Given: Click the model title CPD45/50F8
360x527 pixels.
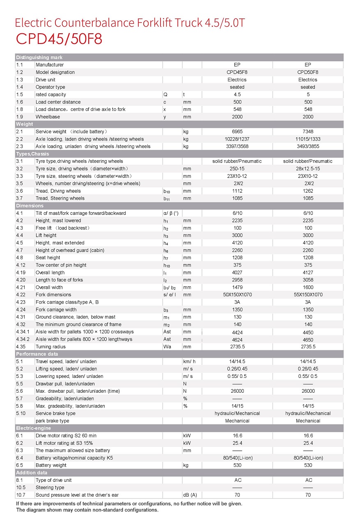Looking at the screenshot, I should click(x=59, y=39).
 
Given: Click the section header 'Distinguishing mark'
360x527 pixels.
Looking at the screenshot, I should click(x=39, y=58).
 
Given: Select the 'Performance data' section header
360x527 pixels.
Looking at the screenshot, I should click(x=37, y=354).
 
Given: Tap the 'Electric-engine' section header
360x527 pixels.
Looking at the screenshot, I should click(x=34, y=428).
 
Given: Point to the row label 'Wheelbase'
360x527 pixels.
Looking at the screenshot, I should click(x=48, y=117).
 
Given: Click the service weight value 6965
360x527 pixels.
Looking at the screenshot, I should click(x=237, y=131).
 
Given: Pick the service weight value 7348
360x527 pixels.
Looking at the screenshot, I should click(x=308, y=131).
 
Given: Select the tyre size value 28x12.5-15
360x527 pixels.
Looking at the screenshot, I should click(x=308, y=169).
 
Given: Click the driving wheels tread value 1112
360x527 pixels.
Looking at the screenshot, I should click(x=237, y=191).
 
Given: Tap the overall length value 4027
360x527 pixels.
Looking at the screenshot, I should click(x=237, y=273).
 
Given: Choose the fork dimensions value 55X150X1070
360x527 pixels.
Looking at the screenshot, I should click(x=308, y=295).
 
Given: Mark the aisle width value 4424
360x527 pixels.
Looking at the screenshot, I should click(x=237, y=332).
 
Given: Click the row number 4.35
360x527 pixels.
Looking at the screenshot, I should click(x=20, y=347).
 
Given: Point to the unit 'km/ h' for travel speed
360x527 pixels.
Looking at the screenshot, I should click(x=189, y=361).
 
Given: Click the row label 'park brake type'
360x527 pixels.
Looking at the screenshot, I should click(x=53, y=421).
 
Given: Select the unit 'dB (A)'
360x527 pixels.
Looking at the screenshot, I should click(x=190, y=495).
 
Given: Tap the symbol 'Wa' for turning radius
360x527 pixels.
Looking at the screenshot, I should click(x=167, y=347).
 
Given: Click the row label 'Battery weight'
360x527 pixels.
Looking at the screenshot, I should click(x=51, y=465).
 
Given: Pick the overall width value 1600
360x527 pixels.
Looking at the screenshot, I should click(x=308, y=288).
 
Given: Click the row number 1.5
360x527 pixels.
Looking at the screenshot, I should click(x=19, y=94).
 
